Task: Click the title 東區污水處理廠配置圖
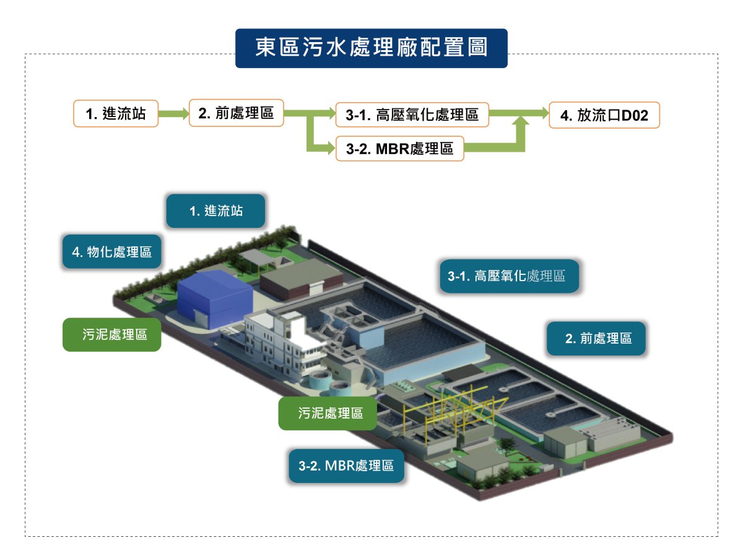(371, 48)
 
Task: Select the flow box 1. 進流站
(116, 113)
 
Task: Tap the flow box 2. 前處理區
(236, 113)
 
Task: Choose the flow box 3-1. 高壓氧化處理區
(412, 115)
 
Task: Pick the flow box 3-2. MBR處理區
(400, 149)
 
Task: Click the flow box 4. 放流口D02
(604, 115)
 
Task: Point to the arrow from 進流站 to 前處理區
(173, 113)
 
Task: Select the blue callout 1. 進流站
(215, 211)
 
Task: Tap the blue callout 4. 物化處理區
(112, 252)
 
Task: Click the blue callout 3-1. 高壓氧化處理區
(509, 276)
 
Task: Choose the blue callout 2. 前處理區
(596, 338)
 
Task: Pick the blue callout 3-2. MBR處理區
(346, 466)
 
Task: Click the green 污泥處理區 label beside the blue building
(112, 335)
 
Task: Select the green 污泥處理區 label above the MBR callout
(328, 414)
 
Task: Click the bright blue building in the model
(215, 298)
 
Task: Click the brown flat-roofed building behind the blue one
(301, 279)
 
